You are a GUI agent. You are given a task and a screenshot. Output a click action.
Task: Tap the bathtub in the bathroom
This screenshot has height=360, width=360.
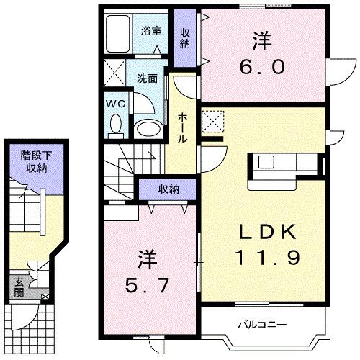click(117, 34)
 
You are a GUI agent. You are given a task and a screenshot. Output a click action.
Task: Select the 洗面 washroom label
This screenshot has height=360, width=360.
click(148, 78)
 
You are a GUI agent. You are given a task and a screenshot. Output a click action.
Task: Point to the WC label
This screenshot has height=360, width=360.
click(115, 103)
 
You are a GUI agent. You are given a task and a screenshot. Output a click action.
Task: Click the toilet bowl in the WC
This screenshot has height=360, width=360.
click(115, 125)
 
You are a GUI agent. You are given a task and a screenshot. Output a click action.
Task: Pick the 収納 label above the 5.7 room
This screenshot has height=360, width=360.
click(169, 189)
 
